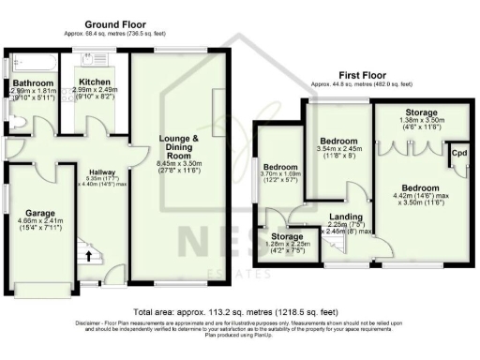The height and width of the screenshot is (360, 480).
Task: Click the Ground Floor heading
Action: pos(112,26)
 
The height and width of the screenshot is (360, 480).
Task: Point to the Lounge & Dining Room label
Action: pos(183,149)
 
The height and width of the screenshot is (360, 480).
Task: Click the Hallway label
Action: pos(101,172)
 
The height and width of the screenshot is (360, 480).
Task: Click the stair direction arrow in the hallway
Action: pos(90,253)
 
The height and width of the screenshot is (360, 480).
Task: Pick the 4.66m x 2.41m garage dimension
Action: pos(40,225)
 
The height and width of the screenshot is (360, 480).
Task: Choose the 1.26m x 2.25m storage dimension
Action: pos(287,247)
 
